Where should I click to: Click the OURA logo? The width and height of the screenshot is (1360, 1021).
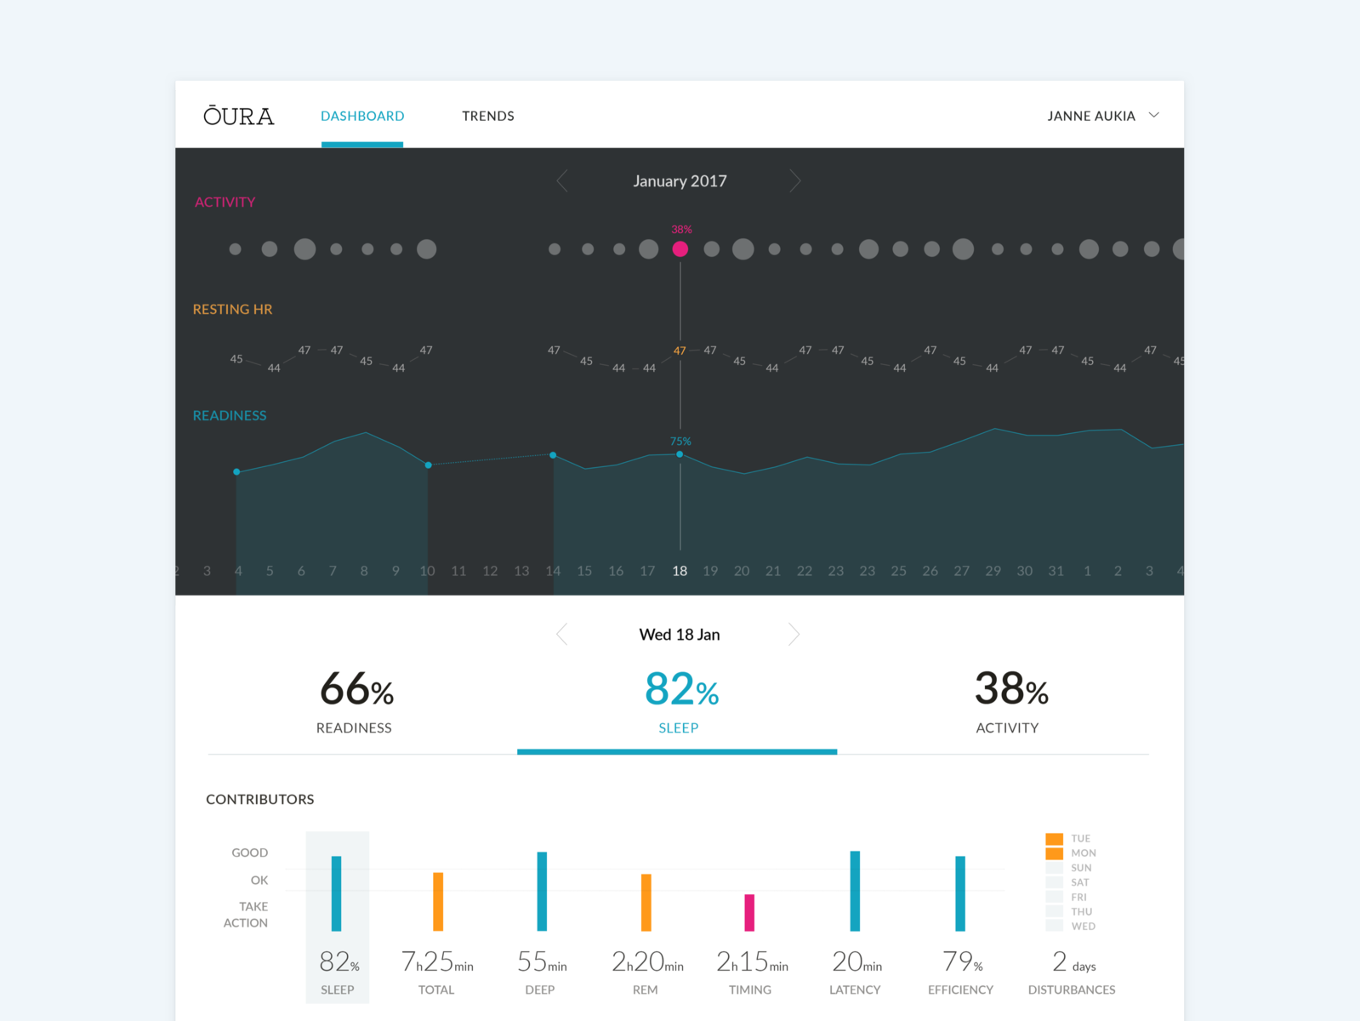coord(238,116)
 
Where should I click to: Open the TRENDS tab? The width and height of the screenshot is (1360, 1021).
coord(487,116)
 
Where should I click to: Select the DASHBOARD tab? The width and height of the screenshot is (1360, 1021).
coord(362,116)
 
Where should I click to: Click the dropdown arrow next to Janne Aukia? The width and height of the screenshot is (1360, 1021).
coord(1153,115)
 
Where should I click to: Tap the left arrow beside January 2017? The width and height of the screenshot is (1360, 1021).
coord(562,180)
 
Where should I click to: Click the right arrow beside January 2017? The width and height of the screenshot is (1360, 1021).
coord(794,180)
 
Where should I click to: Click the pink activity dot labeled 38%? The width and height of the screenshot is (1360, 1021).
coord(680,248)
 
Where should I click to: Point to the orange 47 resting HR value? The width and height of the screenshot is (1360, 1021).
coord(680,351)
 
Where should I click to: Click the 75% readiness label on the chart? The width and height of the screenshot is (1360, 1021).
coord(680,441)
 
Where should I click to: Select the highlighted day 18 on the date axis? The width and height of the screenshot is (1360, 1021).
coord(680,571)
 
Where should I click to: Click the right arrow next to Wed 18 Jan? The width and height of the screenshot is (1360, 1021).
coord(794,634)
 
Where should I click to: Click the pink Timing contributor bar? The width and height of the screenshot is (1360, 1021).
coord(749,912)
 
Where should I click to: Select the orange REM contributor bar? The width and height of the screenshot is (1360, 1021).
coord(646,902)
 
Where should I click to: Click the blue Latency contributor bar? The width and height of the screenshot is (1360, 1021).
coord(855,891)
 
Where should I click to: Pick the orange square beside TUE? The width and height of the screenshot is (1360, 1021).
coord(1054,838)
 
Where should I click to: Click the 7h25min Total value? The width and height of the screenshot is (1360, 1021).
coord(437,962)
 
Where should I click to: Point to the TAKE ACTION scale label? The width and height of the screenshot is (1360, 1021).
coord(246,915)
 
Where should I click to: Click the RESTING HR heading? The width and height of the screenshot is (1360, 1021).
coord(232,309)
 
